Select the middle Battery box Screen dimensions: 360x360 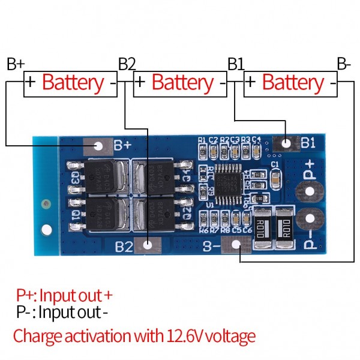[180, 83]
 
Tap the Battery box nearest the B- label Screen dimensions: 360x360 [290, 83]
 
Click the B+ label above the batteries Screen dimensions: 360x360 [15, 64]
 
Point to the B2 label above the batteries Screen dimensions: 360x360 [127, 64]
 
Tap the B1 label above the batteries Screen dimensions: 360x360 [236, 64]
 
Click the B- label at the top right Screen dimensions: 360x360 [343, 64]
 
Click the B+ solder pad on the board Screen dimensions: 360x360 [97, 145]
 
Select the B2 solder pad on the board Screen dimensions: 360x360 [148, 245]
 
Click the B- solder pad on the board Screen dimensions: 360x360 [236, 245]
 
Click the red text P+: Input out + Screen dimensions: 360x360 [64, 295]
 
